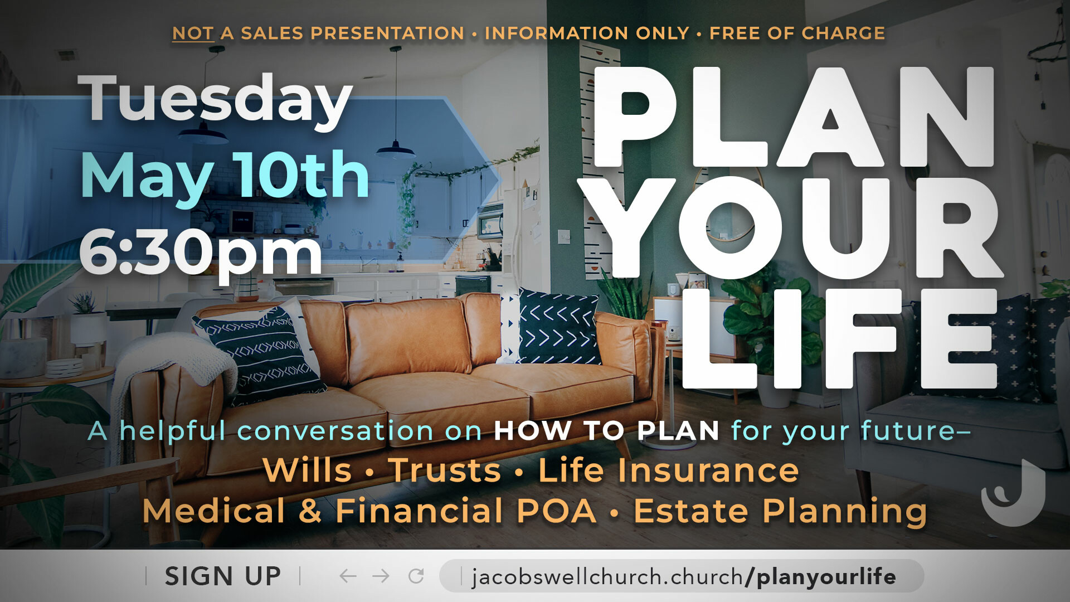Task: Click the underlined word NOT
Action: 193,33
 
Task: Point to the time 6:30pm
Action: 201,254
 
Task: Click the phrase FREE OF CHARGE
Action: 797,33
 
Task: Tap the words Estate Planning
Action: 780,512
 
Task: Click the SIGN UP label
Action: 223,576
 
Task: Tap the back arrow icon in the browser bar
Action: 348,576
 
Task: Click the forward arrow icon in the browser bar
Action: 381,576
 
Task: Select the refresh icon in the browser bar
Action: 416,576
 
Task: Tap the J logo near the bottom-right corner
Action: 1013,493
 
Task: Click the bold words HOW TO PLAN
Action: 606,431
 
